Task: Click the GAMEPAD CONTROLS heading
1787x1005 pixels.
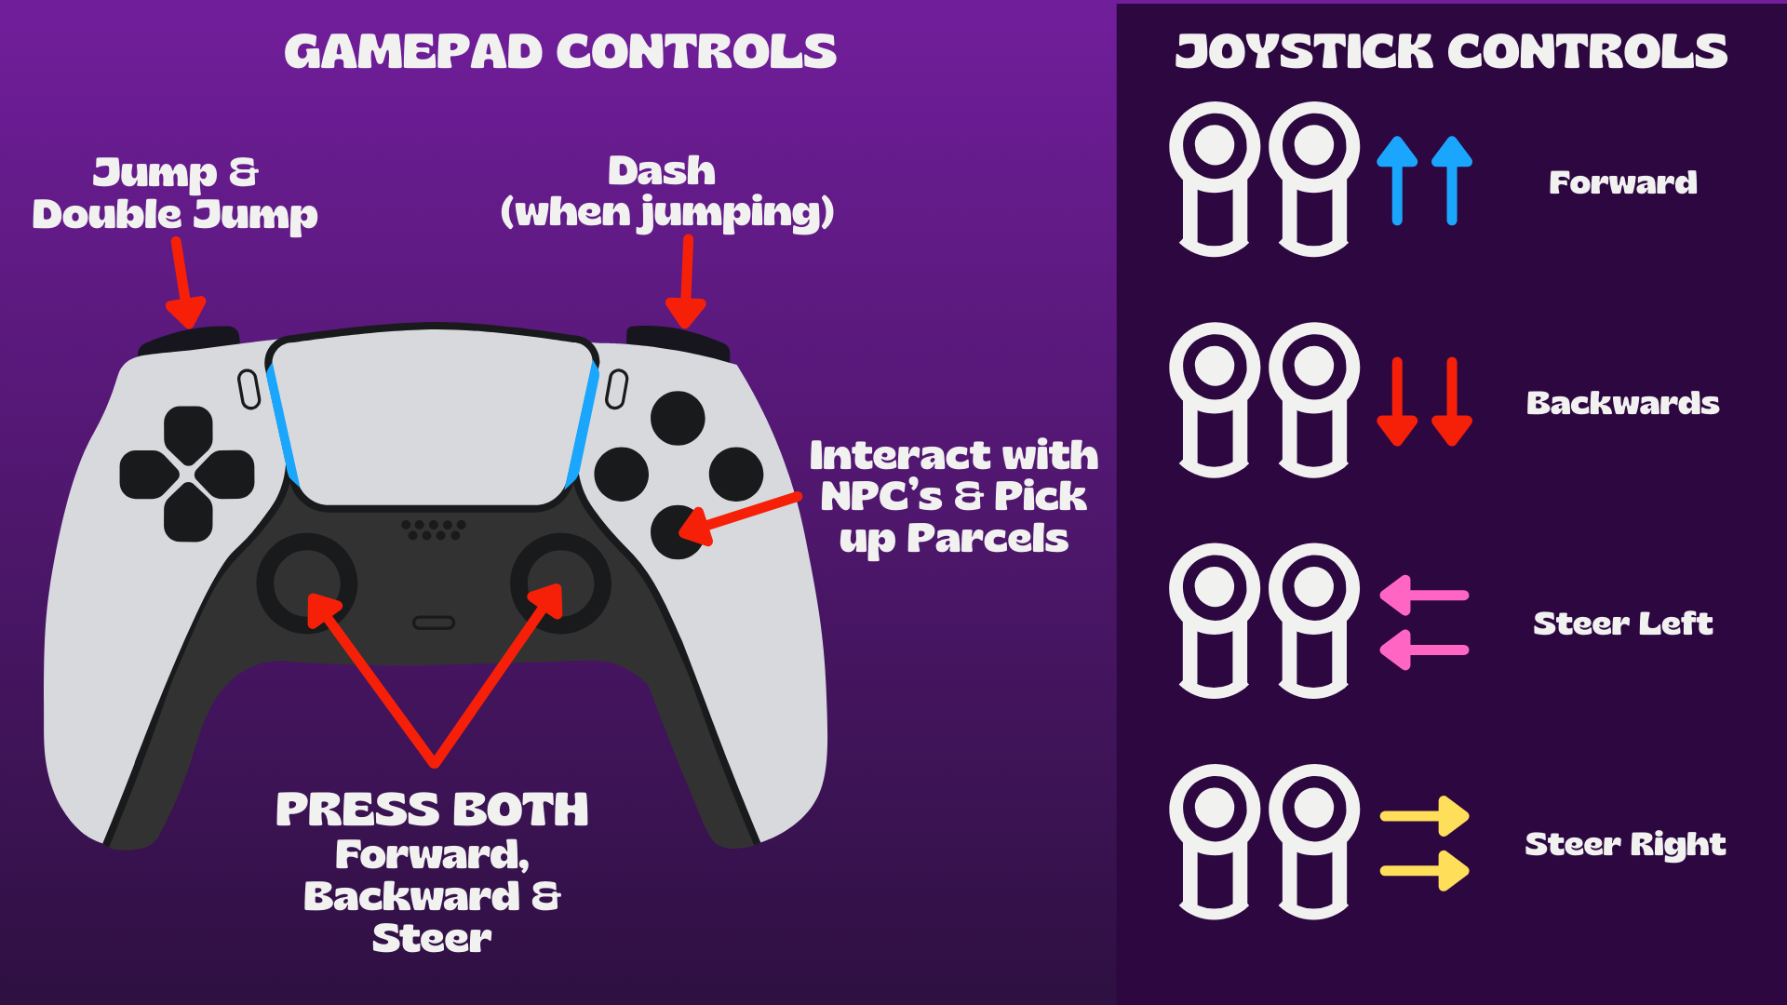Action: point(560,51)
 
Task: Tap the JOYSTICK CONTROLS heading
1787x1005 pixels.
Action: point(1451,51)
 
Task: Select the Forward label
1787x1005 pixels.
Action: point(1623,182)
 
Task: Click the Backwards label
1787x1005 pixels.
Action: point(1623,403)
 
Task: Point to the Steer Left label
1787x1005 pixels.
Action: point(1623,623)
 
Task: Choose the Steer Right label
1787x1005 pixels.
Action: point(1625,845)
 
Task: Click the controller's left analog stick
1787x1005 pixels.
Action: point(307,583)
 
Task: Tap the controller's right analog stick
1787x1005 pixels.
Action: point(560,583)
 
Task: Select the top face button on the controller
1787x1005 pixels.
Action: point(678,418)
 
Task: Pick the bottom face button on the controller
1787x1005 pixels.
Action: point(678,532)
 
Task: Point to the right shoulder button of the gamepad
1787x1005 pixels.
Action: point(678,341)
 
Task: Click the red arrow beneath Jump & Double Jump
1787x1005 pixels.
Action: point(184,283)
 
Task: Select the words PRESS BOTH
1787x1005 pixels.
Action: point(433,810)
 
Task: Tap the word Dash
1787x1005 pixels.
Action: point(662,171)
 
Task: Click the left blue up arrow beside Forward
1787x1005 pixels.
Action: point(1397,181)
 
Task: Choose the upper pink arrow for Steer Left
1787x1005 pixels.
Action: point(1424,596)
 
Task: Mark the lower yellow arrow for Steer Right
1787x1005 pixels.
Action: point(1425,871)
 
